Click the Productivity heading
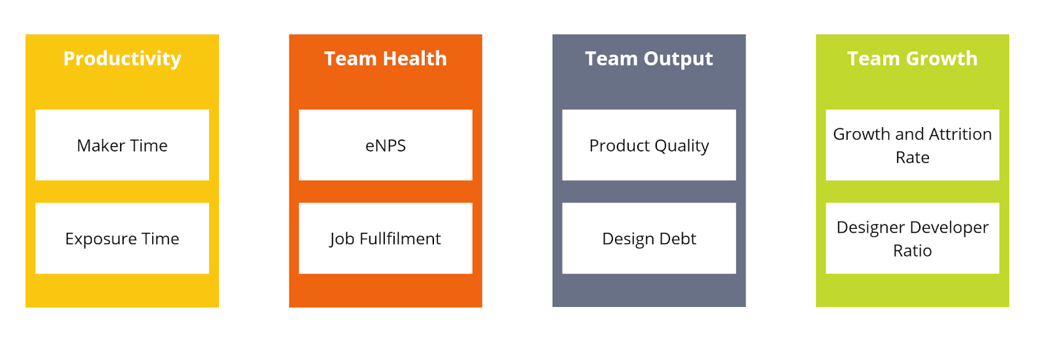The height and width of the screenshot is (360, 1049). click(x=122, y=59)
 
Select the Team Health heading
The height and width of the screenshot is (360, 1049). click(x=386, y=58)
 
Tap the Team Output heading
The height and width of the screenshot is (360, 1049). click(x=649, y=59)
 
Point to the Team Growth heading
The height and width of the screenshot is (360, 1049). click(x=912, y=58)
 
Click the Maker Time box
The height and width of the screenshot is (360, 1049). click(x=122, y=145)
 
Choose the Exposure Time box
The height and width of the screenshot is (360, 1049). click(x=122, y=238)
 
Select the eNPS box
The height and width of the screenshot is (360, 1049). click(x=386, y=145)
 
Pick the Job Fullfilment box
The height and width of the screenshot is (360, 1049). click(x=386, y=238)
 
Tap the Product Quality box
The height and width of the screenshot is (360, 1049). click(x=649, y=145)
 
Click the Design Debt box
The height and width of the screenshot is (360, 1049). click(x=649, y=238)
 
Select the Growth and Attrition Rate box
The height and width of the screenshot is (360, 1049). click(x=912, y=145)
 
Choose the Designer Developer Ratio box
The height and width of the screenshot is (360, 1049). click(x=912, y=238)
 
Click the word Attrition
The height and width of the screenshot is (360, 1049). click(x=960, y=134)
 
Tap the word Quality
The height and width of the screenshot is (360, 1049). click(x=682, y=146)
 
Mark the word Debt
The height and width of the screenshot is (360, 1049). click(x=678, y=239)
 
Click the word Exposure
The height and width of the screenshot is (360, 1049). click(x=101, y=239)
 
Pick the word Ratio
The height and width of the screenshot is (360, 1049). click(x=912, y=251)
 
